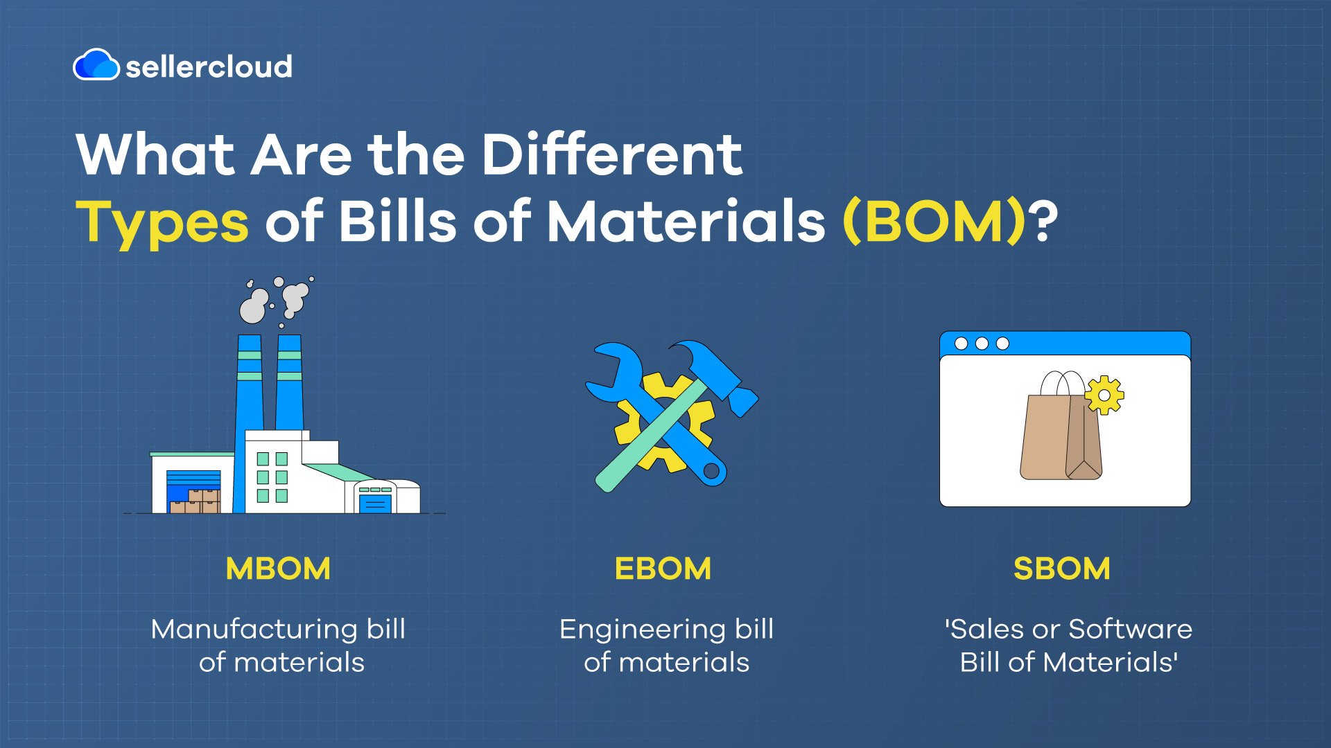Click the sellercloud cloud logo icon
(x=96, y=65)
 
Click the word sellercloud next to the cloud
(x=209, y=66)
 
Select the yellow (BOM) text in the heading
(x=934, y=222)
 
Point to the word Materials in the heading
(x=686, y=222)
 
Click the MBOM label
(x=278, y=569)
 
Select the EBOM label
(x=663, y=569)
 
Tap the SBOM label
(x=1061, y=569)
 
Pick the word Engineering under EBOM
(x=642, y=629)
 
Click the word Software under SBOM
(x=1130, y=629)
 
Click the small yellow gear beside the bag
(x=1104, y=395)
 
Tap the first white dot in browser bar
(x=961, y=344)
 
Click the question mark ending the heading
(x=1044, y=222)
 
